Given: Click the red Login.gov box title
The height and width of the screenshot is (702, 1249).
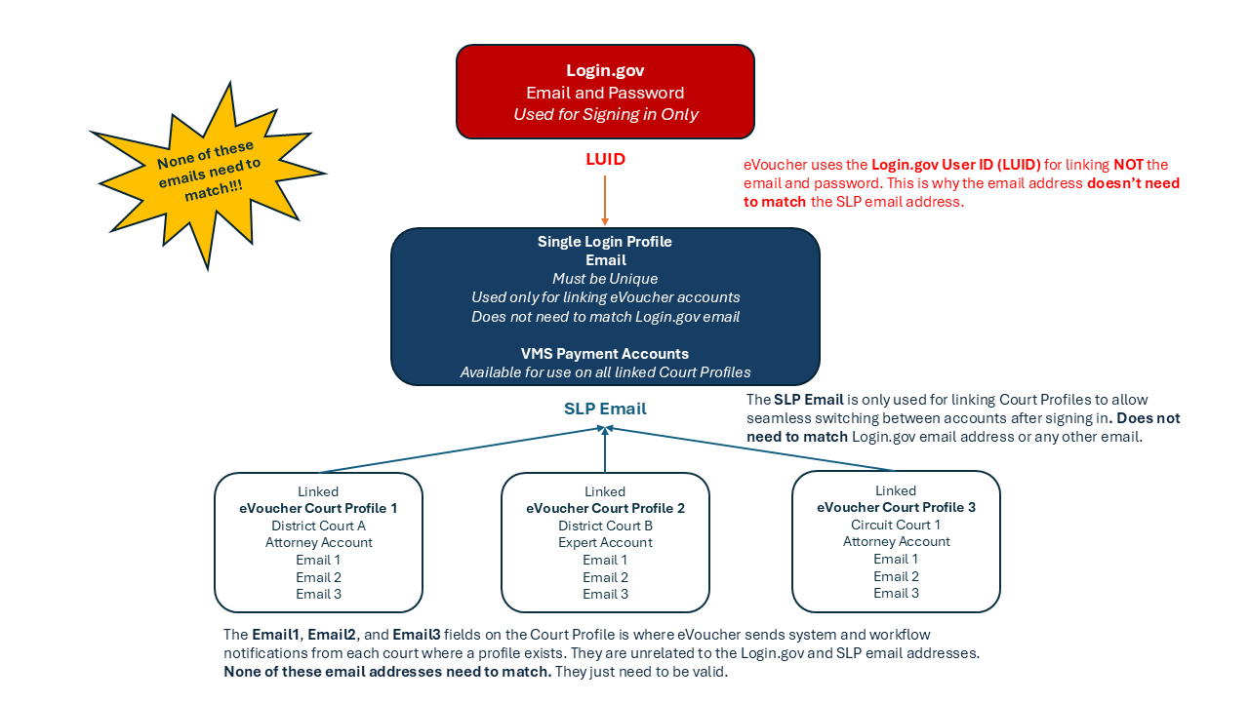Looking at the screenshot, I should pos(605,71).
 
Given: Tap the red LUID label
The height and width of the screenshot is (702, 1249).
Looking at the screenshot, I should pos(605,159).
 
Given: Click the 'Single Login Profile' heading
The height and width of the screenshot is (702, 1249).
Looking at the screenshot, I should pos(605,242).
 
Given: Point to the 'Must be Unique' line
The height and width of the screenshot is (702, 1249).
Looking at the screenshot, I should pos(605,279).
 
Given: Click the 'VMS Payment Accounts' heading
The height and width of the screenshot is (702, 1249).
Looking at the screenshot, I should pos(605,354).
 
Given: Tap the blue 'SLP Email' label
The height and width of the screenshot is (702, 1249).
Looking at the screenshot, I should pos(605,409).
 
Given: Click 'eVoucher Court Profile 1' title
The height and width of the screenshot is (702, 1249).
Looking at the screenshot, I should pos(318,508).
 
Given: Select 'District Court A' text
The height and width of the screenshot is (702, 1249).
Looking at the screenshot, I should pos(318,526).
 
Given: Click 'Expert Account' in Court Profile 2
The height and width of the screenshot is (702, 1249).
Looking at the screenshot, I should pos(605,542).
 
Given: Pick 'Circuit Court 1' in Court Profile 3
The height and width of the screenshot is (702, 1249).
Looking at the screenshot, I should pos(896,525).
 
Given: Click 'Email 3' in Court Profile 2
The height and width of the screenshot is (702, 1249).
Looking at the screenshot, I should pos(605,594).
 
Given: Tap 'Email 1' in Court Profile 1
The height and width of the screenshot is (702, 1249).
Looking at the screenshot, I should pos(318,560).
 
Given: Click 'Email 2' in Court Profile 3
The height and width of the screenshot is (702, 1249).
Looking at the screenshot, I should pos(896,576).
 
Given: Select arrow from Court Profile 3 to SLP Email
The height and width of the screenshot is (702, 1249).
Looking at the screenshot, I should pos(751,448).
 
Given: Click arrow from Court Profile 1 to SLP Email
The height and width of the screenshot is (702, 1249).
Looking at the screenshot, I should pos(459,449).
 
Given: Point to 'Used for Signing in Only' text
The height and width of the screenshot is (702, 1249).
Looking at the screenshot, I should pos(605,114).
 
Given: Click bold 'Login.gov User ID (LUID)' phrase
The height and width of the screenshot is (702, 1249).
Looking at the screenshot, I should pos(956,165).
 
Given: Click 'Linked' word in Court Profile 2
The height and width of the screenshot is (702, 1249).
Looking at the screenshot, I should pos(605,491).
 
